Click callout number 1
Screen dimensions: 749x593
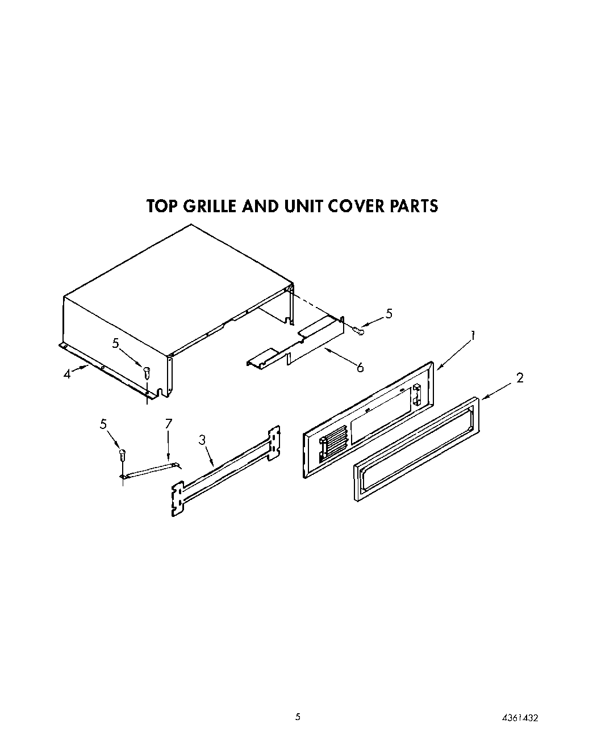coord(473,336)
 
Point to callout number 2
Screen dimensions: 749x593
coord(520,378)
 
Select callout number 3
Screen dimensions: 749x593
coord(202,424)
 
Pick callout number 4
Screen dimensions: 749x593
coord(67,374)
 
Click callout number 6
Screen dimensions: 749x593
coord(360,367)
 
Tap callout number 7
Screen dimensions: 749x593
coord(168,423)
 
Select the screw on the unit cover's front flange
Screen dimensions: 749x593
coord(147,373)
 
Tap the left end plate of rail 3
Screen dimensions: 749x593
coord(178,499)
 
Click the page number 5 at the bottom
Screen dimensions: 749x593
coord(297,717)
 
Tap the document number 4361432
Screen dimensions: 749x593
coord(519,718)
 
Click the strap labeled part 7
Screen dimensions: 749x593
coord(150,470)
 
